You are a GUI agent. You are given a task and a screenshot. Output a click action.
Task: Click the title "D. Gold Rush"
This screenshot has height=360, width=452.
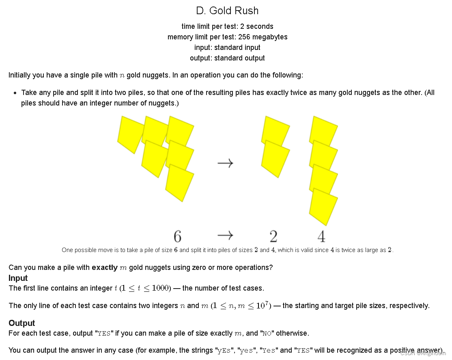227,11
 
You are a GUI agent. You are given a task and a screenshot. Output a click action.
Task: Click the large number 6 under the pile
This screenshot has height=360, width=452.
177,236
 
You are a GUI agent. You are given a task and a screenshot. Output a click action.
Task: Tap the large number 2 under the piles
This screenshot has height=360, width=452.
273,236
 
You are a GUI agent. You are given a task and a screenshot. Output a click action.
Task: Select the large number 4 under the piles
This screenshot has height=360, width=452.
321,236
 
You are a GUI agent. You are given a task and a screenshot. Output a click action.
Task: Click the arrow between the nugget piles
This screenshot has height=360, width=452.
225,163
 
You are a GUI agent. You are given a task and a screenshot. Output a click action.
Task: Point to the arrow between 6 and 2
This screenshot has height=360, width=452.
225,235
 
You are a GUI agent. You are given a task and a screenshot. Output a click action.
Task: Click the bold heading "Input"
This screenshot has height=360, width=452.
18,278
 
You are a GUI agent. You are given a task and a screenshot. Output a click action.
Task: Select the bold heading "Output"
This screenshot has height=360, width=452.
22,323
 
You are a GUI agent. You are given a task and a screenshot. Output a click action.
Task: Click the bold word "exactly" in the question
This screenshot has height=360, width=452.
104,267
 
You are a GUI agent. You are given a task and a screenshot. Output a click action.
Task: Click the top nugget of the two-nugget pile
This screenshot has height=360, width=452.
276,129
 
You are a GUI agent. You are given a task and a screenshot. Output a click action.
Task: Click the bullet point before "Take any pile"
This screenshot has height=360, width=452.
15,93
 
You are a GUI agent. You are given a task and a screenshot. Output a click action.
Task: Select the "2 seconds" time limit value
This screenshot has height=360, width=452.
257,26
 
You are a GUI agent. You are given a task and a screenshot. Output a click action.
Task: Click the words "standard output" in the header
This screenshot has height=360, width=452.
239,58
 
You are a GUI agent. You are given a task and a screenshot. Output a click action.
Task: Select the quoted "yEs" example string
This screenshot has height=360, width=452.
224,351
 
